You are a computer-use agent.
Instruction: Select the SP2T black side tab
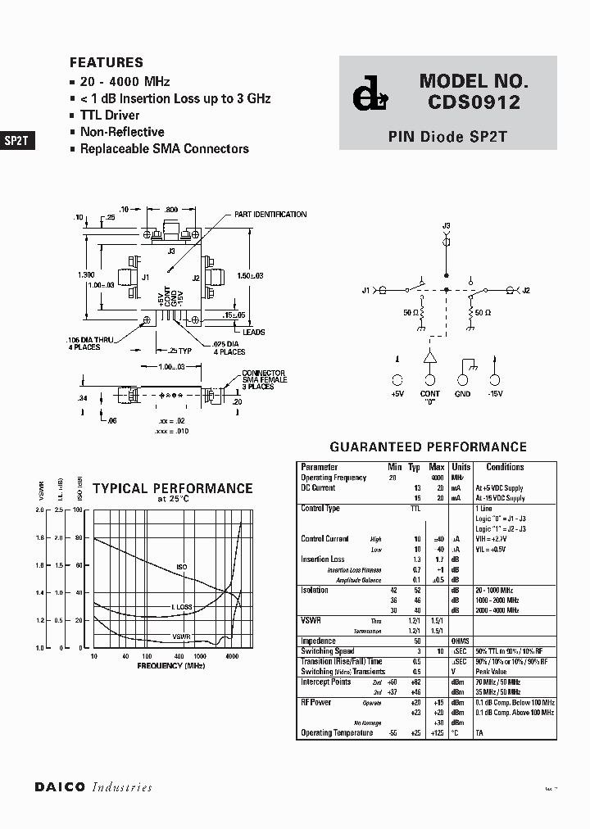(16, 140)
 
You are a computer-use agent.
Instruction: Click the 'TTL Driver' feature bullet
(109, 116)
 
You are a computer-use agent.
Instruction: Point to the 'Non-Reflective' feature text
(121, 132)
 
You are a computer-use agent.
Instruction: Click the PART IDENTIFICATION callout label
(270, 215)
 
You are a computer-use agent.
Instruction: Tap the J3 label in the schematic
(446, 225)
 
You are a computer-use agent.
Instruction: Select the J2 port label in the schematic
(526, 290)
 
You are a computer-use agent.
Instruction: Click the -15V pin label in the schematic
(495, 394)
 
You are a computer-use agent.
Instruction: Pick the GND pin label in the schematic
(462, 394)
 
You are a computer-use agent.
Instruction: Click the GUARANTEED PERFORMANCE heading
(427, 447)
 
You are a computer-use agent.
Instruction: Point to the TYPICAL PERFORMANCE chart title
(172, 488)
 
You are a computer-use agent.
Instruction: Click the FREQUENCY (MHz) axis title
(171, 666)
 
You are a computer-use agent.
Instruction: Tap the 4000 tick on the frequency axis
(232, 657)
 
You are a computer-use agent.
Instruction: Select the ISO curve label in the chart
(182, 567)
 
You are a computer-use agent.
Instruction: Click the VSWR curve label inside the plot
(182, 636)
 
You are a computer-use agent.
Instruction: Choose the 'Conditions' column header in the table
(505, 467)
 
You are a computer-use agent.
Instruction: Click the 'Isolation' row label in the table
(315, 590)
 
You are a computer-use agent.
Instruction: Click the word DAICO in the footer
(61, 787)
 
